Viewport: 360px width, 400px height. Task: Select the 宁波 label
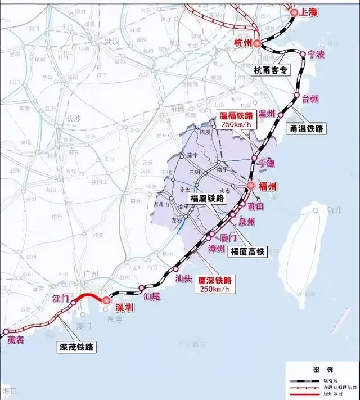(x=318, y=56)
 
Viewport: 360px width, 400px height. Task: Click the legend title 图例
(x=322, y=370)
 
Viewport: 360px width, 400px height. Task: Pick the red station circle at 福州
(x=251, y=185)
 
